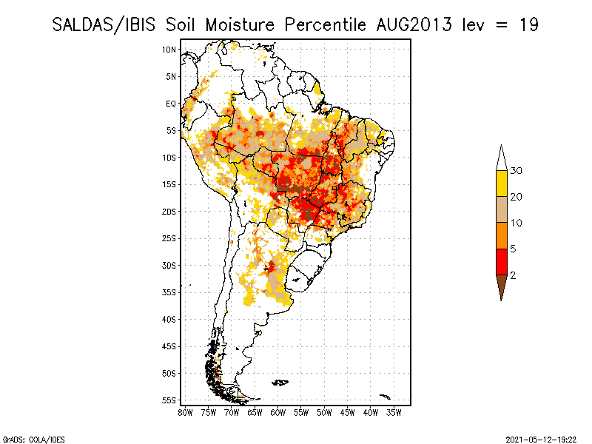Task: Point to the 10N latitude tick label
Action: tap(169, 50)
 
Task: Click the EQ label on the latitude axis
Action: tap(171, 104)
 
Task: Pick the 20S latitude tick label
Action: tap(169, 211)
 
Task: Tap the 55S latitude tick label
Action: tap(169, 400)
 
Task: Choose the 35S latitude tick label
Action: tap(169, 292)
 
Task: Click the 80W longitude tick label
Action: tap(185, 412)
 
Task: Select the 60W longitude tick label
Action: tap(278, 412)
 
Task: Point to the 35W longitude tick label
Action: tap(394, 412)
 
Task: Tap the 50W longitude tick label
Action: tap(325, 412)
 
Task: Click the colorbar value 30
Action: tap(516, 171)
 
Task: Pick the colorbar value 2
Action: tap(513, 275)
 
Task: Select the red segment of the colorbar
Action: tap(502, 261)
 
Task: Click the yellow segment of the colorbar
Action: tap(502, 184)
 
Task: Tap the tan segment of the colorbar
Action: tap(502, 209)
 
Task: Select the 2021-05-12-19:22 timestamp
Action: tap(543, 438)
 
